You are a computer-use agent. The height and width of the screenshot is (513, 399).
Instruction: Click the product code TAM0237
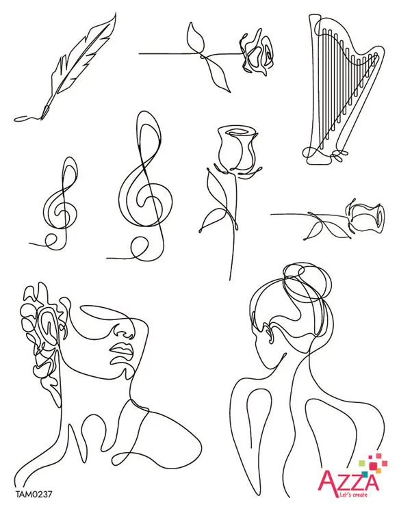tap(33, 495)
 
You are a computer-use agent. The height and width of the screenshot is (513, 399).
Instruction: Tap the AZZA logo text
tap(349, 480)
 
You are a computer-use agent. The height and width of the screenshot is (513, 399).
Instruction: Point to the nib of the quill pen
tap(45, 111)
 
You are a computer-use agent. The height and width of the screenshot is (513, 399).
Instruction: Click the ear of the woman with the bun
tap(268, 334)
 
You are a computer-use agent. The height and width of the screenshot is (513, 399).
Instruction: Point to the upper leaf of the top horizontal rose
tap(196, 37)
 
